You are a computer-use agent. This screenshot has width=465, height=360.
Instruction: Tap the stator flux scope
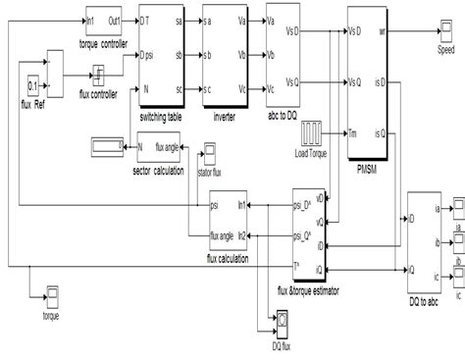208,153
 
